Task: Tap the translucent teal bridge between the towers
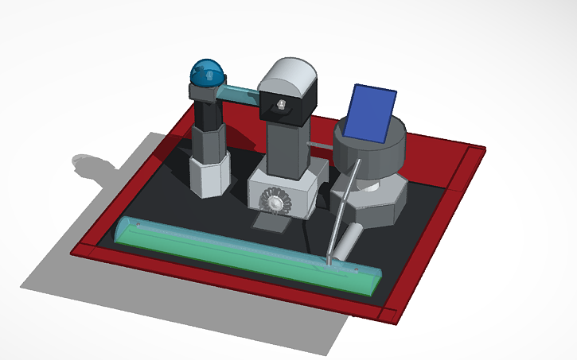coord(238,95)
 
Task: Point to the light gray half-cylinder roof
coord(289,77)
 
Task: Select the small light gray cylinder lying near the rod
coord(347,242)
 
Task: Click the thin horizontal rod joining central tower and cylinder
coord(318,145)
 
